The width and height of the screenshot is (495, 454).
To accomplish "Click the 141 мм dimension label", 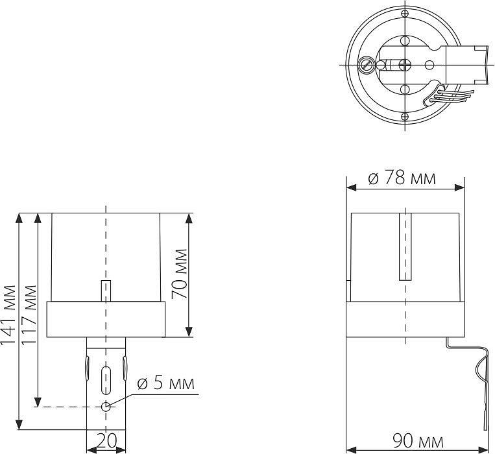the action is (x=8, y=315).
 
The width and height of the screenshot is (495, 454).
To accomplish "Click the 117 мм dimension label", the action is (x=29, y=315).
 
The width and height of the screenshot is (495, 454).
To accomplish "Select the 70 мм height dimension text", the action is (x=179, y=274).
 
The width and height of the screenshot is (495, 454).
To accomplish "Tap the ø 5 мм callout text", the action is (x=165, y=383).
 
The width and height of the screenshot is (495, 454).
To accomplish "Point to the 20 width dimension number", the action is (x=106, y=441).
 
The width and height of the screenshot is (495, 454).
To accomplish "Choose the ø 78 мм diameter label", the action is (x=402, y=178).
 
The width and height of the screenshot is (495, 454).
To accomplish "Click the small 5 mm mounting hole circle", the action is (x=106, y=407).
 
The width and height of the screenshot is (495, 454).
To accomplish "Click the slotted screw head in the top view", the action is (x=366, y=65).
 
